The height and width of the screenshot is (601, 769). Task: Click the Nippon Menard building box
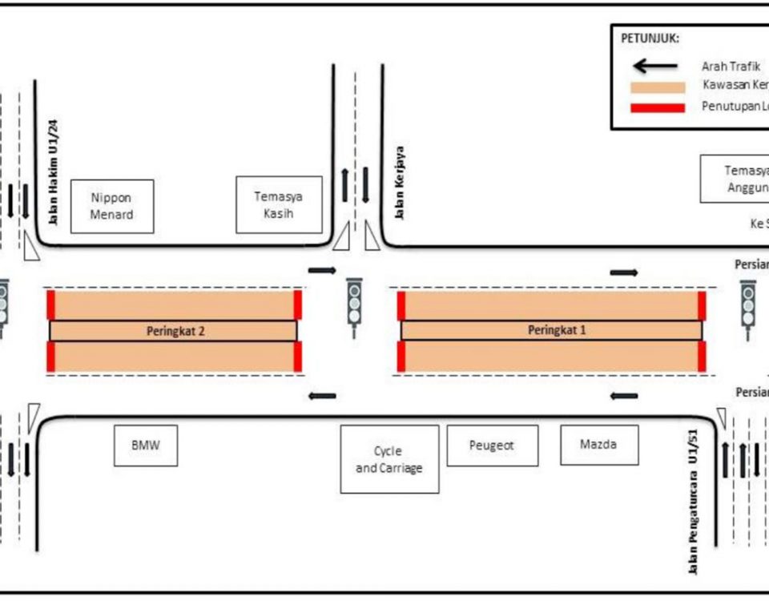(x=112, y=206)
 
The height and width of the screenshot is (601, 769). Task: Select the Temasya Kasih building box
(x=279, y=204)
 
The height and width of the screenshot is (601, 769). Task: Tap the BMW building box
(x=144, y=445)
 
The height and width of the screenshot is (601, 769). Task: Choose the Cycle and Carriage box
(x=389, y=459)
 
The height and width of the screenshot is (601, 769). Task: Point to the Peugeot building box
(x=492, y=445)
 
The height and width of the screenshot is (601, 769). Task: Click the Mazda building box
(x=599, y=445)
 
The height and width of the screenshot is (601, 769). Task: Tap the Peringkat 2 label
(x=172, y=330)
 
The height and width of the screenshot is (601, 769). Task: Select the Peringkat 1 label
(x=551, y=330)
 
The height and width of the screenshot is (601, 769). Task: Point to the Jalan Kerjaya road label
(x=399, y=182)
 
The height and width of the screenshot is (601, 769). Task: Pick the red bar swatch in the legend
(x=658, y=107)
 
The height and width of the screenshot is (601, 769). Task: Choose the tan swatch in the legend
(x=658, y=87)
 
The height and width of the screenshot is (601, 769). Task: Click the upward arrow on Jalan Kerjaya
(x=345, y=185)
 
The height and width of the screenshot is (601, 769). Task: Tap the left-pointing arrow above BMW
(x=323, y=395)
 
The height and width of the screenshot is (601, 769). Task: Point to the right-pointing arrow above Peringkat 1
(x=623, y=272)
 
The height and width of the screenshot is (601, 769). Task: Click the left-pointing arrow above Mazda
(x=623, y=395)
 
